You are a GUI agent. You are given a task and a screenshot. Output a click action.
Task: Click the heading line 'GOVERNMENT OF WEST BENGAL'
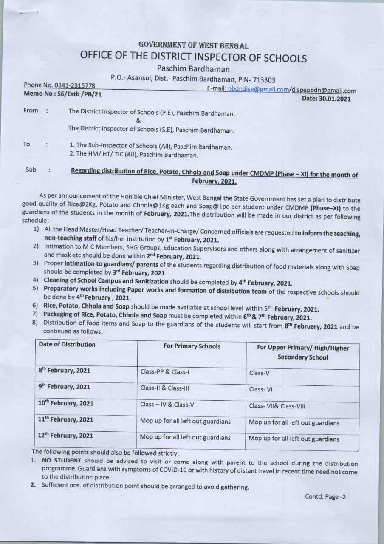193,46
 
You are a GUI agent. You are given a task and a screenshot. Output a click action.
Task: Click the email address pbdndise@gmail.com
258,89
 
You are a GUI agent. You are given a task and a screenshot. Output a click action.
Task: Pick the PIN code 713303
264,80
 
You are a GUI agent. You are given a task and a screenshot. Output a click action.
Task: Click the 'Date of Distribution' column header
67,345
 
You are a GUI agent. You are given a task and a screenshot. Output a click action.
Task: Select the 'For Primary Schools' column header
192,346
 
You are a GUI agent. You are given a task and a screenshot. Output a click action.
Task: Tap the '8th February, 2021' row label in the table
65,371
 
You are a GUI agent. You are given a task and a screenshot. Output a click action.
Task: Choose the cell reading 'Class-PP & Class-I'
165,372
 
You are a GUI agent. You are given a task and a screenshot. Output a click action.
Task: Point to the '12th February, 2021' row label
66,436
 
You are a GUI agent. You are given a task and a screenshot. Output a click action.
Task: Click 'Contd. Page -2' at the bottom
325,496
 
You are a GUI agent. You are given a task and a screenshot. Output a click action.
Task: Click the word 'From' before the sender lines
31,110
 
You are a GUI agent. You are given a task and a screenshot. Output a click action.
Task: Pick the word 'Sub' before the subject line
31,170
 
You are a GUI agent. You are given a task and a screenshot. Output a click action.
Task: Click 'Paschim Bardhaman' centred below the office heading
193,69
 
